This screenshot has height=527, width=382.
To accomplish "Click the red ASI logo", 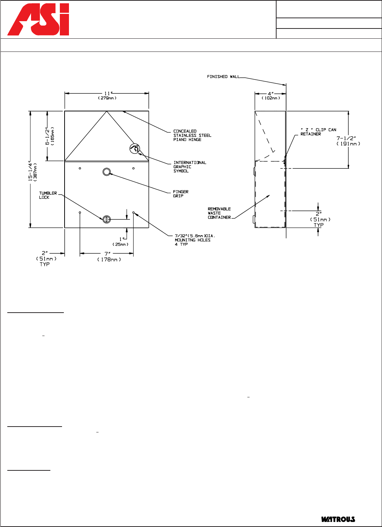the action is point(38,19).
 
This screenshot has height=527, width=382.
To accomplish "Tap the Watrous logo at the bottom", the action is point(338,519).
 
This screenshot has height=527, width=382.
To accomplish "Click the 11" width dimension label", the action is point(107,95).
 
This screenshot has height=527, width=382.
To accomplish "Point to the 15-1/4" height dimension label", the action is point(32,171).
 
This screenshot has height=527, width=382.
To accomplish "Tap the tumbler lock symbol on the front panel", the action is point(107,219).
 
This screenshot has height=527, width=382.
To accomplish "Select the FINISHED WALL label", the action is point(223,77).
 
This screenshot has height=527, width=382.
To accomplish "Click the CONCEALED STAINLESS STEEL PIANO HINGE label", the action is point(192,135).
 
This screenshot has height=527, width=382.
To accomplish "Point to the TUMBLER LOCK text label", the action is point(48,195).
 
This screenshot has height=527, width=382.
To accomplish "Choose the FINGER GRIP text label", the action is point(181,194).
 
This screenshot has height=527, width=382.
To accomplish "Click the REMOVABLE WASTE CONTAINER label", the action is point(219,213).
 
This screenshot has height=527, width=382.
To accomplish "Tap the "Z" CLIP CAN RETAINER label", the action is point(318,132).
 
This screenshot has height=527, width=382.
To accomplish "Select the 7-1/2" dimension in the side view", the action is point(348,141).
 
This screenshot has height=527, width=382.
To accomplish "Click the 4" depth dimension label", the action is point(271,96).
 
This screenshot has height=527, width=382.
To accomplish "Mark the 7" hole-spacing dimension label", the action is point(109,257).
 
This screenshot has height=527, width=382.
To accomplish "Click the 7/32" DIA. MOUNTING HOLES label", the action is point(195,240).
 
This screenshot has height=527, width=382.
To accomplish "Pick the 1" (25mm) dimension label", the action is point(121,242).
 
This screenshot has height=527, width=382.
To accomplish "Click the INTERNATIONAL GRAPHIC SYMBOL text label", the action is point(190,167).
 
